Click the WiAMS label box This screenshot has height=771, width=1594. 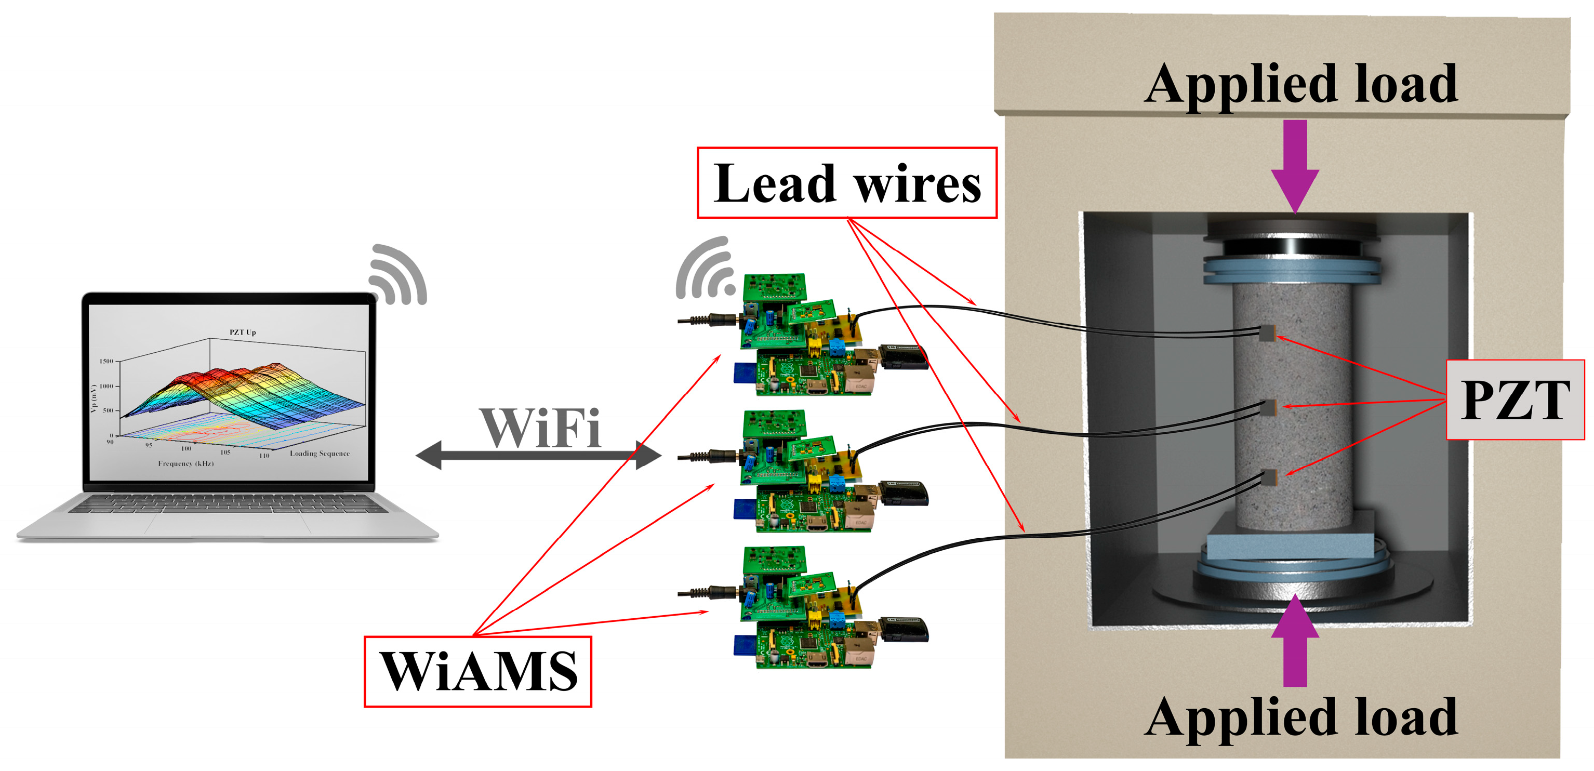coord(477,671)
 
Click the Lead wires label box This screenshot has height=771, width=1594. coord(846,183)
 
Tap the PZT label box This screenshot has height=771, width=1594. coord(1515,400)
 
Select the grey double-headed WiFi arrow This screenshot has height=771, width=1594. coord(538,456)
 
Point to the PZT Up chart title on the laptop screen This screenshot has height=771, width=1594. coord(243,333)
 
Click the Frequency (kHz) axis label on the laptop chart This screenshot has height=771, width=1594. coord(185,463)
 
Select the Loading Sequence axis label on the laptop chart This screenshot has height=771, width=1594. coord(320,454)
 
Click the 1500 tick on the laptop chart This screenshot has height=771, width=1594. coord(107,361)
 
